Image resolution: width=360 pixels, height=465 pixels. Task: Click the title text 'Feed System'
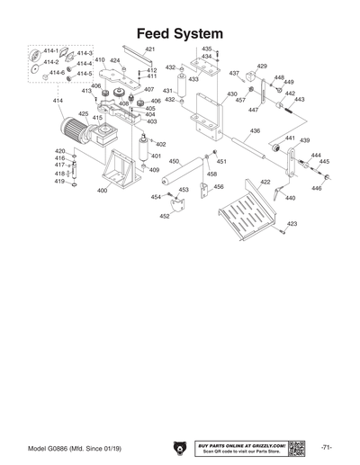point(180,33)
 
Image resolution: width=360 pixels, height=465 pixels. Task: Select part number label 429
point(262,67)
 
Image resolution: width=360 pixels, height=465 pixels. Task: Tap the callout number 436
point(255,131)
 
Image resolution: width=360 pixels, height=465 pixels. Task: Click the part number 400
point(102,191)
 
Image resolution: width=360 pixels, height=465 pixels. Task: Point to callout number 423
point(292,223)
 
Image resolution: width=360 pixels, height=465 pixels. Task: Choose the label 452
point(165,216)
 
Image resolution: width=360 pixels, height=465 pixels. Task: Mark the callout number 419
point(59,182)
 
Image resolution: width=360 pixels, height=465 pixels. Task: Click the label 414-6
point(57,72)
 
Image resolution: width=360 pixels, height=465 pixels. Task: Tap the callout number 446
point(316,189)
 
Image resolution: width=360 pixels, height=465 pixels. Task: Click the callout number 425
point(83,114)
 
